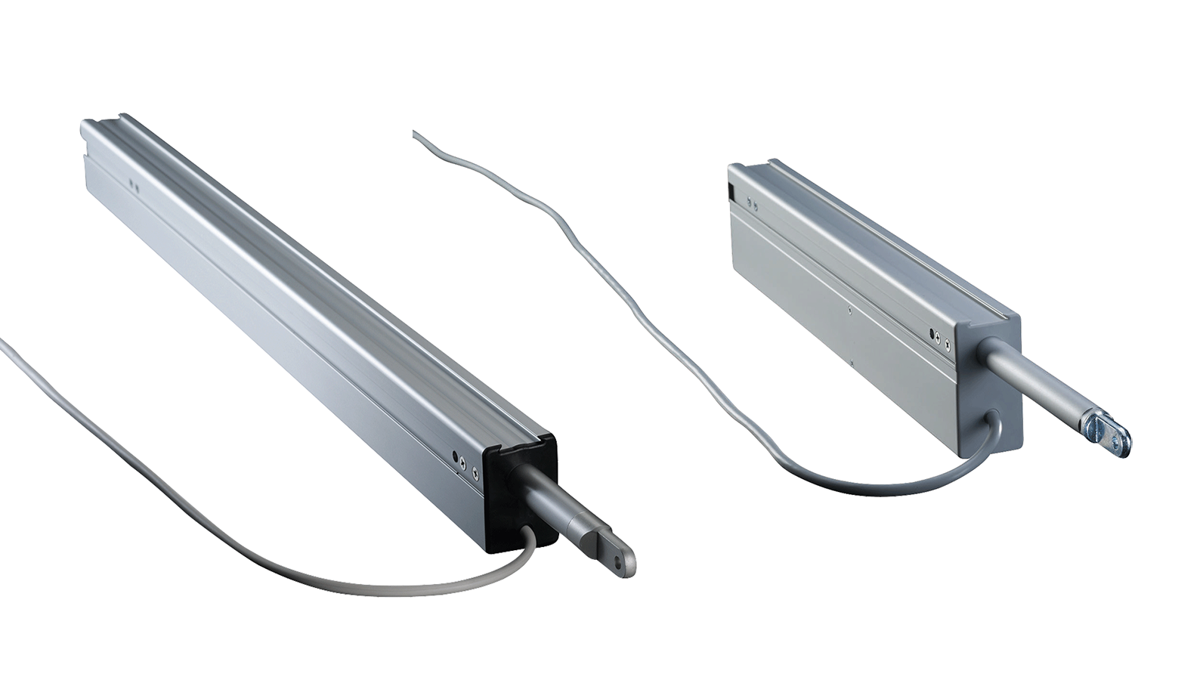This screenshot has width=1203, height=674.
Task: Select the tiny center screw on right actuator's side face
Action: pyautogui.click(x=850, y=308)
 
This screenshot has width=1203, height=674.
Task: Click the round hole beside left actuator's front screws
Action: pyautogui.click(x=454, y=457)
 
